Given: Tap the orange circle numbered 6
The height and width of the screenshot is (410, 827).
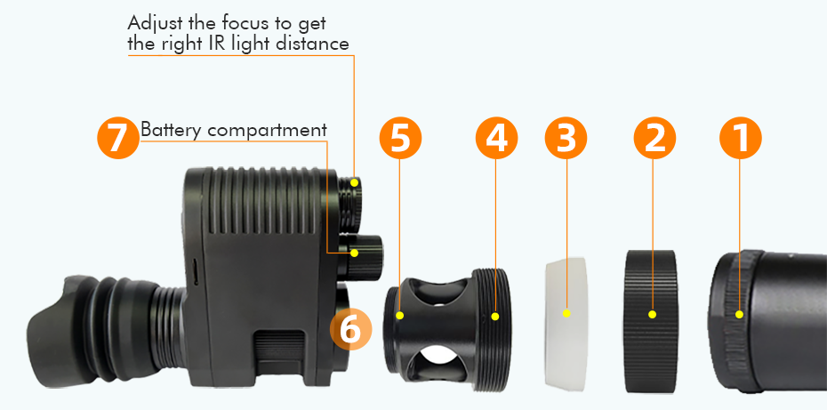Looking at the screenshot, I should tap(350, 329).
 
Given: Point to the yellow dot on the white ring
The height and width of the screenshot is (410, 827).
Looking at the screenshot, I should tap(566, 313).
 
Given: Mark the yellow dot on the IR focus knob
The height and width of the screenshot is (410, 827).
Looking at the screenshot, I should tap(355, 182).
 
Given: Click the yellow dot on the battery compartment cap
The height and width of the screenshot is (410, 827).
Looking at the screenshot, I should tap(354, 253).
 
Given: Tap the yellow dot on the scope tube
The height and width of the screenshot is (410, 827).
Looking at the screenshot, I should tap(740, 313).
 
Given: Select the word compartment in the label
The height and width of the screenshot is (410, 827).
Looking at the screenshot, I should tap(268, 131).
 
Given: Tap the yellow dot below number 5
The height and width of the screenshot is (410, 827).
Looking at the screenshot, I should tap(400, 314).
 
